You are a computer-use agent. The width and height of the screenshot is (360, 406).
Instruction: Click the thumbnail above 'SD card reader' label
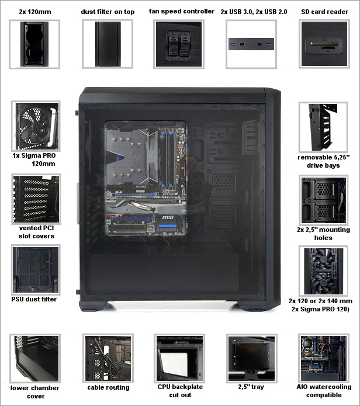(324, 44)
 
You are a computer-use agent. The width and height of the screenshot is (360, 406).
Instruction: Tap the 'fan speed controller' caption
(182, 12)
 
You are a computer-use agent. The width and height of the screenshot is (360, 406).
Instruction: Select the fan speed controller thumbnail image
(179, 44)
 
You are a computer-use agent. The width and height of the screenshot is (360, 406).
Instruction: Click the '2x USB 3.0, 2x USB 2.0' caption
(254, 12)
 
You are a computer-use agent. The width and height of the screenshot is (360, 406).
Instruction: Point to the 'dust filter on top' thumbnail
(108, 44)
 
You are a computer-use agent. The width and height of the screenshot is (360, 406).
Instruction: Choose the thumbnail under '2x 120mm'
(34, 44)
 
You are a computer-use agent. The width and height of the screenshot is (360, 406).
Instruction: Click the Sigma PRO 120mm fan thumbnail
(36, 126)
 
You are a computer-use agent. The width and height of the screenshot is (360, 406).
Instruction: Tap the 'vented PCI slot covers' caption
(36, 232)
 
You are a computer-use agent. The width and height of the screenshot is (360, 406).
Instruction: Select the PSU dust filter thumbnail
(36, 270)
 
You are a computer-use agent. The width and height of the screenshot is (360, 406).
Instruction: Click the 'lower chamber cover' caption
(35, 392)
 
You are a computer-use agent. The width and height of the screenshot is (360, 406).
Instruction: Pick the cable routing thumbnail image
(108, 358)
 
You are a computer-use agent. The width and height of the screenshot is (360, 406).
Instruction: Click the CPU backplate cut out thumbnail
(179, 358)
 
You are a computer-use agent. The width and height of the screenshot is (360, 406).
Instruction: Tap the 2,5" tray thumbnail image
(252, 358)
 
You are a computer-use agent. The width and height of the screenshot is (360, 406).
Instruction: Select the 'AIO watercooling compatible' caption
(324, 391)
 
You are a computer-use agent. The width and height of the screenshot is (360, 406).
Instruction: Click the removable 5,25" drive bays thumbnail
(323, 127)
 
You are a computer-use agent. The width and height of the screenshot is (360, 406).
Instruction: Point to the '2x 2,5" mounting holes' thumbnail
(323, 200)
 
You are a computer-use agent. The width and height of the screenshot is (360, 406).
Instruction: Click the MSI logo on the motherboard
(168, 217)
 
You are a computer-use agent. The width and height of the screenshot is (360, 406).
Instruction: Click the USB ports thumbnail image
(251, 44)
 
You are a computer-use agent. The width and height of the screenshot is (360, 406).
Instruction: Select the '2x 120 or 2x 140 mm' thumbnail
(323, 271)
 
